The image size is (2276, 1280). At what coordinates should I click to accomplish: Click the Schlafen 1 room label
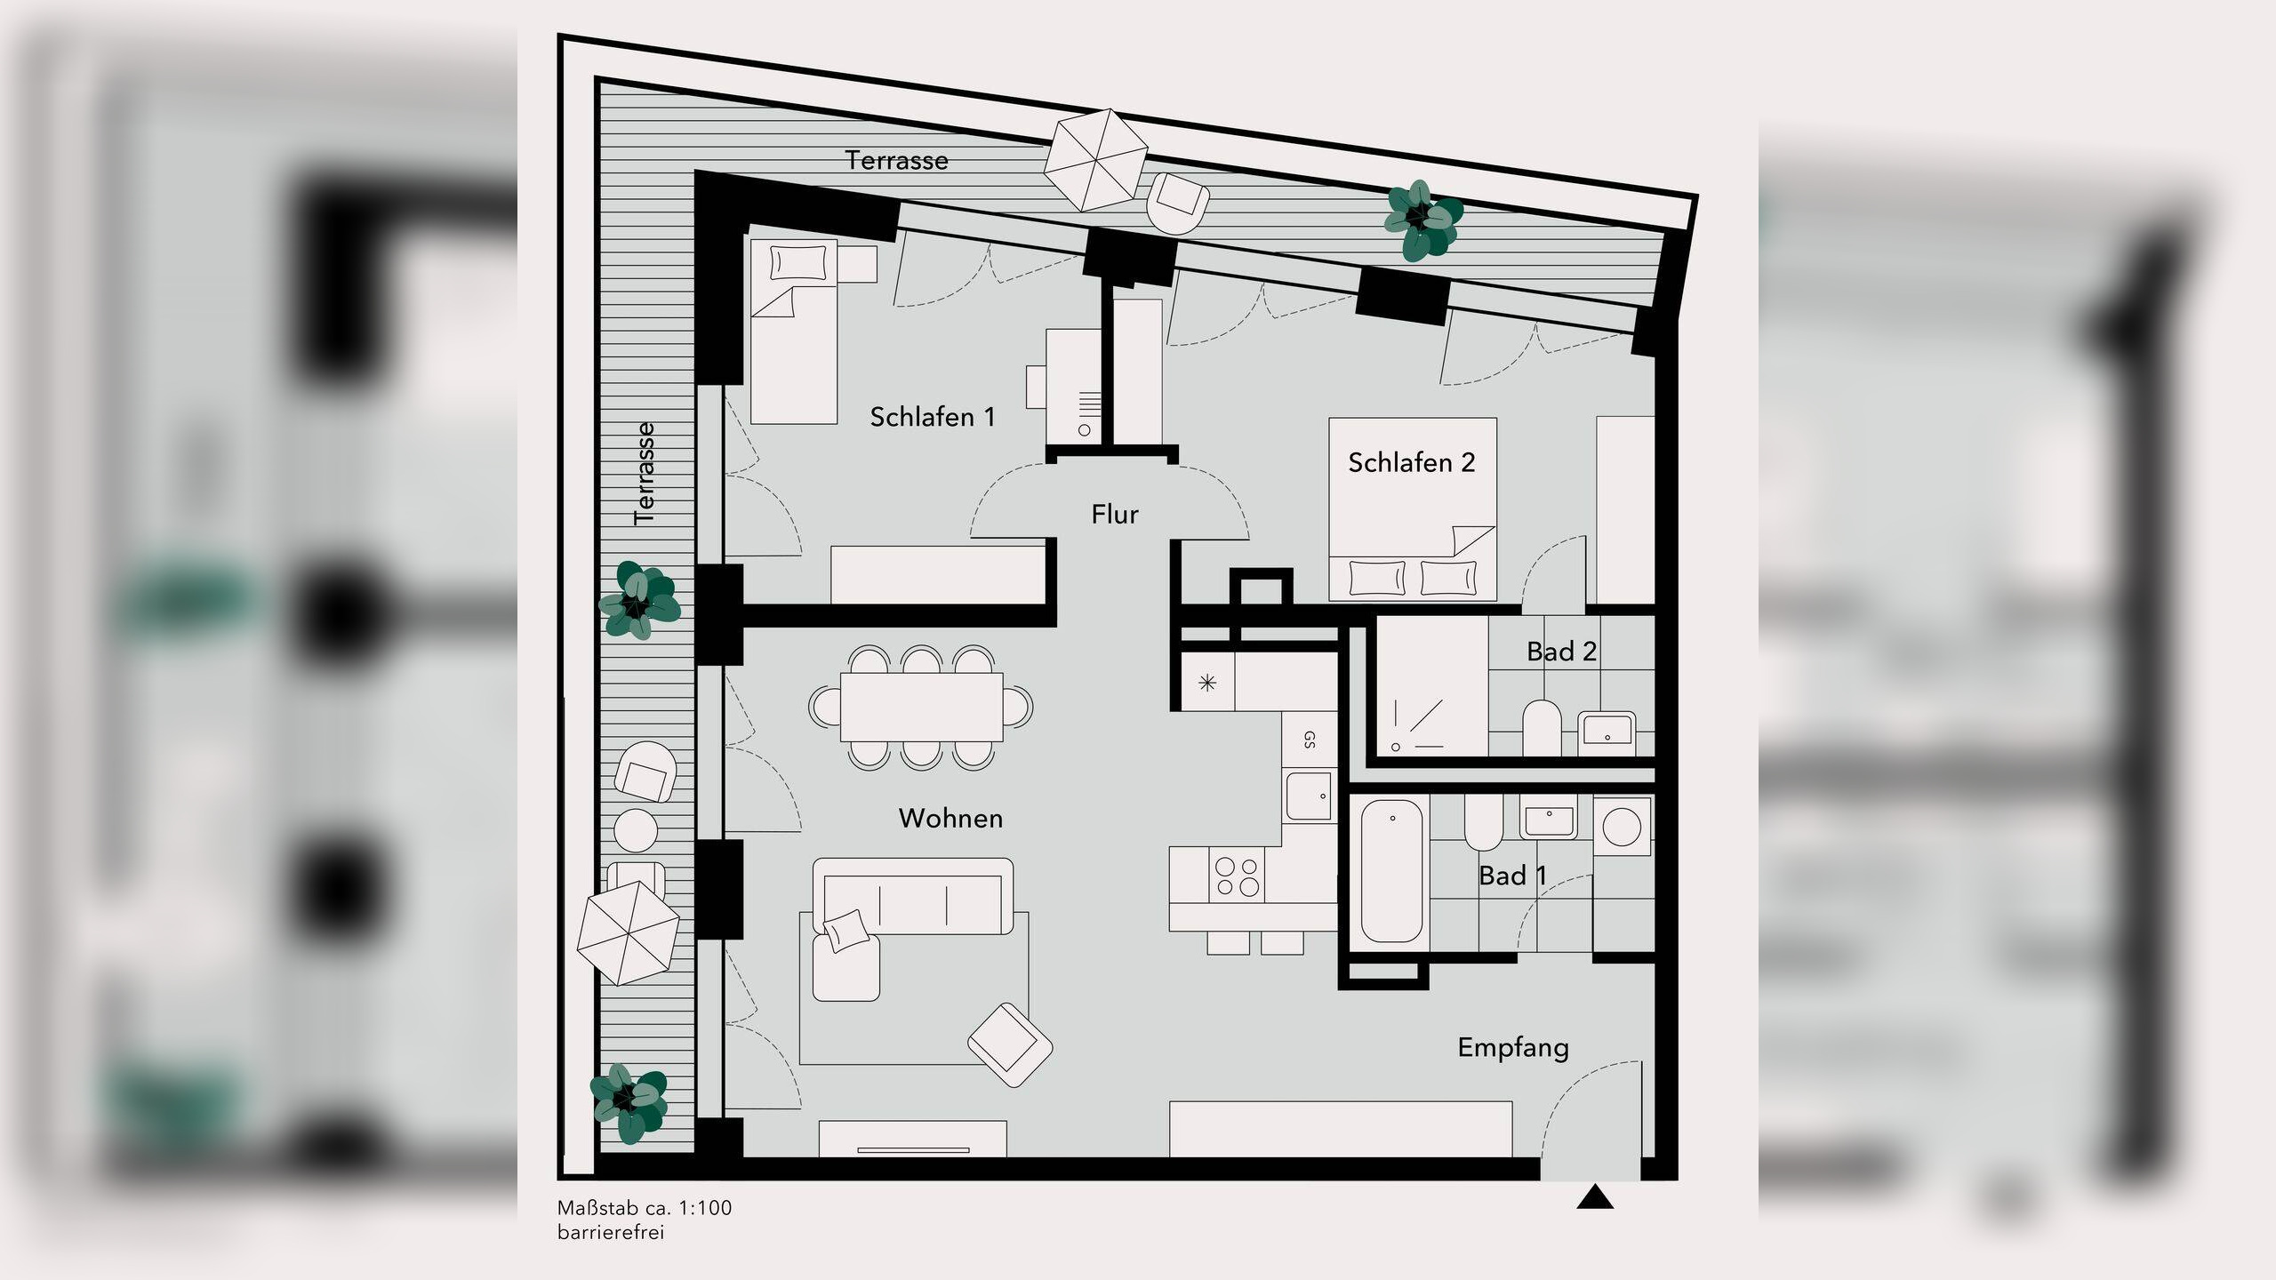(x=932, y=417)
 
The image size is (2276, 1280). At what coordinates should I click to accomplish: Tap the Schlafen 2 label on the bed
(x=1411, y=462)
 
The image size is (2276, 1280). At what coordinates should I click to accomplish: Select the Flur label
(x=1115, y=514)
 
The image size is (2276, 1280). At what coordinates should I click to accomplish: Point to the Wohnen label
(x=950, y=818)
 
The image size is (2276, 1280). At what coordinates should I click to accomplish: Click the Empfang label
(x=1513, y=1048)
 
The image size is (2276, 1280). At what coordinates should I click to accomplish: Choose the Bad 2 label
(x=1561, y=652)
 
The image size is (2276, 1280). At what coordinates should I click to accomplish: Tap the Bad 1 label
(x=1512, y=876)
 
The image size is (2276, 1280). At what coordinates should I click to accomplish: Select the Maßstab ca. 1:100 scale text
(x=645, y=1208)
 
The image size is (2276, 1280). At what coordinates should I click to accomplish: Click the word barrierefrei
(x=611, y=1233)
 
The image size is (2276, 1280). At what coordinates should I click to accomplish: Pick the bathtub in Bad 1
(x=1392, y=870)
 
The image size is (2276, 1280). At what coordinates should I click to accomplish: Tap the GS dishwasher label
(x=1309, y=740)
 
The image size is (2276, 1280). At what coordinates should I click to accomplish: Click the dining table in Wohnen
(x=921, y=708)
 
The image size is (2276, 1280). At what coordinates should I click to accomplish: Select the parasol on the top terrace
(x=1095, y=160)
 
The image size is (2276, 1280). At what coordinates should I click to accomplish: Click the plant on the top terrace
(x=1422, y=221)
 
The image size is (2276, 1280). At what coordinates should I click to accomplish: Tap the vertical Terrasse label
(x=645, y=474)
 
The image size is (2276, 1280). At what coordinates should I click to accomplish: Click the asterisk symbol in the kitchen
(x=1207, y=683)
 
